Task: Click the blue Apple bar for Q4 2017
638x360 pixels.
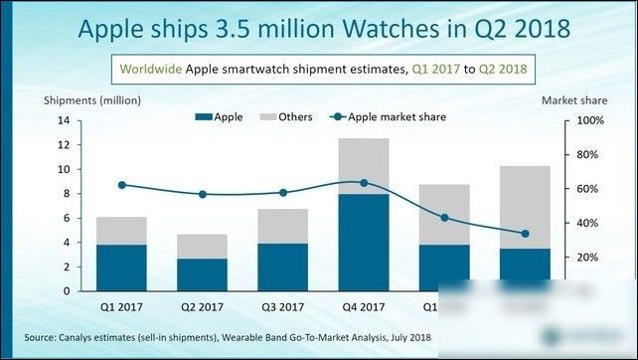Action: tap(363, 242)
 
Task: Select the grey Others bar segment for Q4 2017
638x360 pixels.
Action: tap(363, 166)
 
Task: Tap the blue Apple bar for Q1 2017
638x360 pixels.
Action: tap(121, 267)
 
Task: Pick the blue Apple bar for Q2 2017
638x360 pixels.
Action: tap(202, 273)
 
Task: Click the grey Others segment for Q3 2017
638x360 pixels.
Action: tap(282, 226)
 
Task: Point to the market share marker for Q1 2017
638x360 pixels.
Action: tap(121, 185)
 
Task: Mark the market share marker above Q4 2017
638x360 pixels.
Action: tap(363, 183)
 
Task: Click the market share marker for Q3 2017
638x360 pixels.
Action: tap(282, 193)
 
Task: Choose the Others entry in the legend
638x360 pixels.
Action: tap(288, 117)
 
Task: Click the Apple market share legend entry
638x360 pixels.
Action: tap(390, 117)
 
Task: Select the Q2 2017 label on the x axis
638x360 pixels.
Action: tap(202, 306)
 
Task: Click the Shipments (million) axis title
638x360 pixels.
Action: tap(92, 100)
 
